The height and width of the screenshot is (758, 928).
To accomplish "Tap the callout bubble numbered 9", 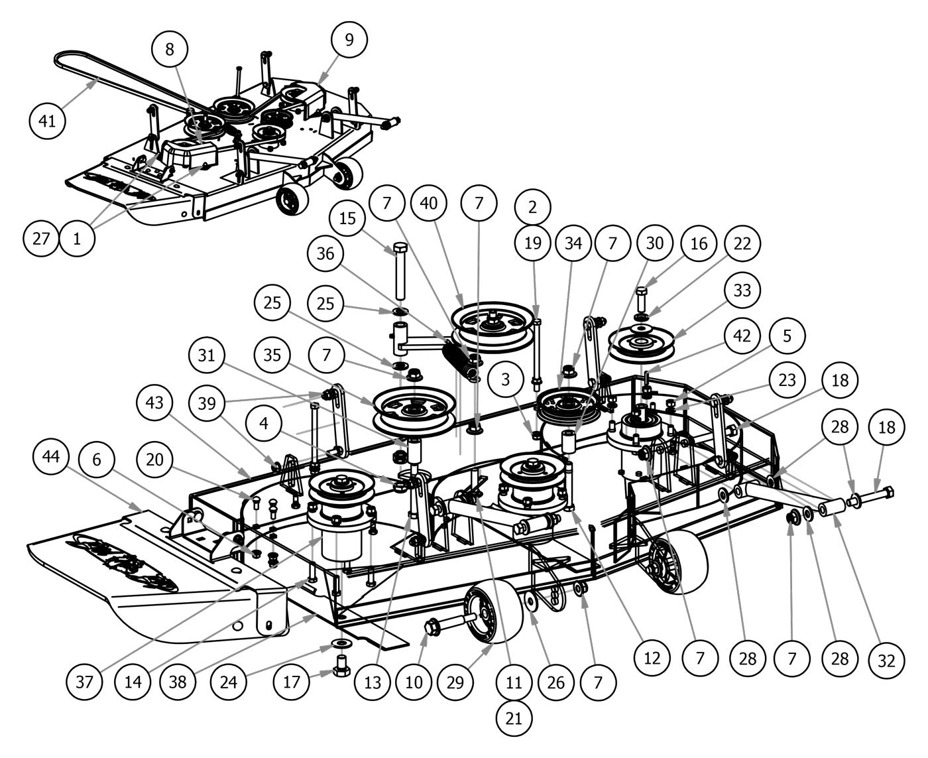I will click(349, 39).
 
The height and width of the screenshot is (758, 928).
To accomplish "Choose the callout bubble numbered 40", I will click(429, 203).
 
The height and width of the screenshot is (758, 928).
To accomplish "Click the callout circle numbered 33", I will click(742, 290).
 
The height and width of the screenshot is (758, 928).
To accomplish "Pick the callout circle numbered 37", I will click(86, 681).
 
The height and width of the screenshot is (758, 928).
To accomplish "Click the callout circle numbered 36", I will click(326, 253).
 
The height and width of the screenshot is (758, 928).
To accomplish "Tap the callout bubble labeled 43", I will click(156, 403).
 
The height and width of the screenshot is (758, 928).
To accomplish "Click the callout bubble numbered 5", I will click(786, 336).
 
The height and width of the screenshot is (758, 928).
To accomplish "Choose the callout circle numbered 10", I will click(414, 682).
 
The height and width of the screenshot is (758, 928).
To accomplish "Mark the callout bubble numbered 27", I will click(41, 237).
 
